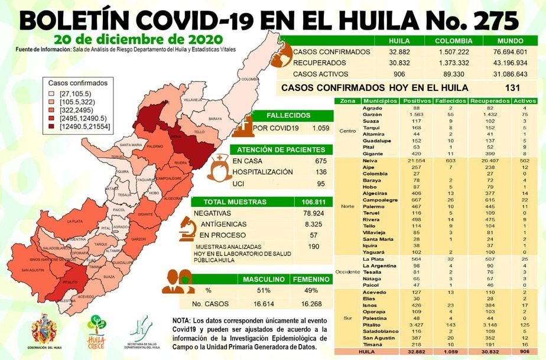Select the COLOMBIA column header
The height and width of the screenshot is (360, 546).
coord(453,41)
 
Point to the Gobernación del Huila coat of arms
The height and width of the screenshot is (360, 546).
coord(44,329)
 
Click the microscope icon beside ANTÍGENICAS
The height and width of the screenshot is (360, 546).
coord(188,226)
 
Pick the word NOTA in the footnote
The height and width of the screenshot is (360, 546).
coord(181,320)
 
